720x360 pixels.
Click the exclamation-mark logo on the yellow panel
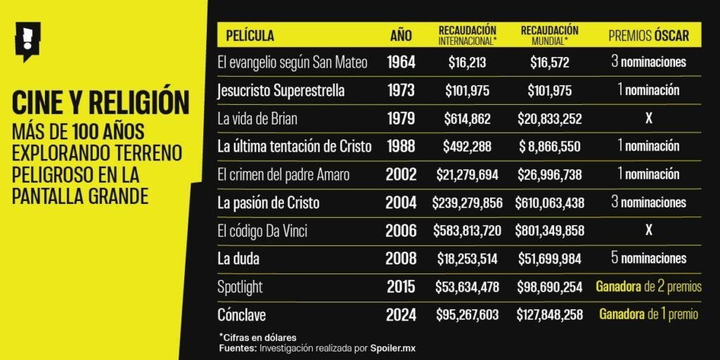coord(27,41)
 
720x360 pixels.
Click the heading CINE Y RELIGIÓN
coord(101,103)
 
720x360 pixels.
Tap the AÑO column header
coord(401,35)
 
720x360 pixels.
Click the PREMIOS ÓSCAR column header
coord(648,35)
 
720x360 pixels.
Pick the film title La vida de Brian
coord(258,119)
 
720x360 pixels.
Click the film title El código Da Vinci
coord(263,231)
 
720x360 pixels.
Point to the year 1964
coord(401,63)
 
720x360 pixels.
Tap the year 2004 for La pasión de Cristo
coord(401,203)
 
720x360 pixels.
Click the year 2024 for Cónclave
coord(401,314)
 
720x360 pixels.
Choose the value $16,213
coord(467,63)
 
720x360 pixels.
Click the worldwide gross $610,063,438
coord(549,203)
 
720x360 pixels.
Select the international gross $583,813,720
coord(468,231)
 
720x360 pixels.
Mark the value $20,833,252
coord(549,119)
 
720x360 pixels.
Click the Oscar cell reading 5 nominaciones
coord(648,259)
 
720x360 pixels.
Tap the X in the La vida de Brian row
coord(648,119)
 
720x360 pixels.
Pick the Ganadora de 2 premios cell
coord(648,287)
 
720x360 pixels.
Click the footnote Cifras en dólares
coord(259,337)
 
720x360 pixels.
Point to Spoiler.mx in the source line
coord(397,348)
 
